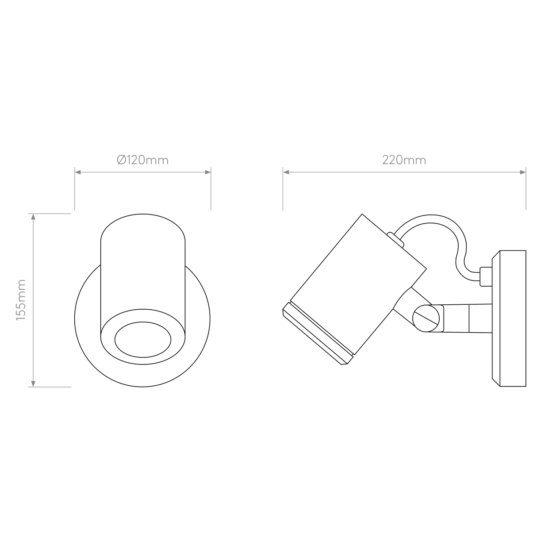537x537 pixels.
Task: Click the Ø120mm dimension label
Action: point(142,160)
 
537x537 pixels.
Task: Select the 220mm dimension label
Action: point(404,160)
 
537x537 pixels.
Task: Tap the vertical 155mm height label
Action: point(21,299)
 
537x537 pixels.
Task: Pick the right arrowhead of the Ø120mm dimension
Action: point(207,173)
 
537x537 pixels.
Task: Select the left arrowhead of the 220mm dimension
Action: point(286,173)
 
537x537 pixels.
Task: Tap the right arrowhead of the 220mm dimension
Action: point(523,173)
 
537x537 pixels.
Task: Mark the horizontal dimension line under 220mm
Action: point(404,173)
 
